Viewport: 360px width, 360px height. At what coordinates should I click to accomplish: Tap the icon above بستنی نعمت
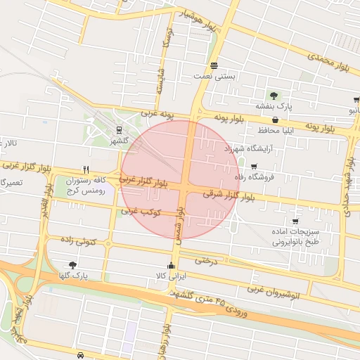click(213, 65)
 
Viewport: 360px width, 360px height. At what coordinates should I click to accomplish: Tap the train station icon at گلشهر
click(119, 130)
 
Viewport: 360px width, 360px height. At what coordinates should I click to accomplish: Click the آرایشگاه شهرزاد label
click(247, 149)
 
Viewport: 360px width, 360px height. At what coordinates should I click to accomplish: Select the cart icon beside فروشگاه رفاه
click(254, 167)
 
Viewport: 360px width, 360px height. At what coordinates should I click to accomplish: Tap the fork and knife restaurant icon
click(86, 169)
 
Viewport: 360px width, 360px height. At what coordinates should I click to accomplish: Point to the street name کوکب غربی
click(141, 212)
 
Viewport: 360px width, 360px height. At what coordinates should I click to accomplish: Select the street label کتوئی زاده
click(78, 241)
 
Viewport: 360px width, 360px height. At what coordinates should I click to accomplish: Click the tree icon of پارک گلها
click(73, 265)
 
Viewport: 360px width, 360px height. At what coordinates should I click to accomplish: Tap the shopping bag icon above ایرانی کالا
click(172, 266)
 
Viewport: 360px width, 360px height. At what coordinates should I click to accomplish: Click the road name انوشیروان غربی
click(274, 290)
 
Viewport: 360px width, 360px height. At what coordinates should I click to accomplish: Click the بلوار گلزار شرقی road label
click(229, 195)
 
